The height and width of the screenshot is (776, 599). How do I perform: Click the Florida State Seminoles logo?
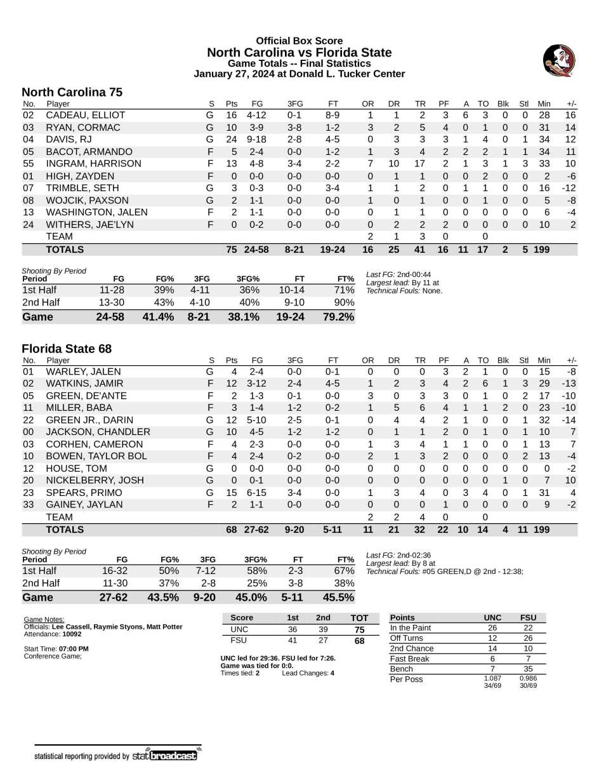(x=558, y=61)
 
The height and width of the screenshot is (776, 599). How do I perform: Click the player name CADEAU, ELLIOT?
(x=86, y=115)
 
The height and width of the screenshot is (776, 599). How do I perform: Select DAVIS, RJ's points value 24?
(x=231, y=139)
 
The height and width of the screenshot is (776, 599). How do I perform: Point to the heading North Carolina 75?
(x=72, y=92)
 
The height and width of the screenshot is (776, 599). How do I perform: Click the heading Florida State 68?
(x=67, y=349)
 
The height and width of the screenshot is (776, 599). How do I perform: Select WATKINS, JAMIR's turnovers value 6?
(x=484, y=384)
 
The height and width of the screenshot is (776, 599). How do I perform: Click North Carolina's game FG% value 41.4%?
(x=159, y=316)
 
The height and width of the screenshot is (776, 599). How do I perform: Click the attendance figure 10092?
(x=72, y=634)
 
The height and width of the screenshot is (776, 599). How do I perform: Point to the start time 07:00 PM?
(x=74, y=648)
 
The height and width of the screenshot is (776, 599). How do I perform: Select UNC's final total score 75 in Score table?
(x=360, y=629)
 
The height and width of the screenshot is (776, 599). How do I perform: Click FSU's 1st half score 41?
(x=293, y=640)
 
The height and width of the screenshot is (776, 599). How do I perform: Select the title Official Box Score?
(x=299, y=41)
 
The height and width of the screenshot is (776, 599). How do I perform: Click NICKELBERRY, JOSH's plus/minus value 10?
(x=569, y=481)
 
